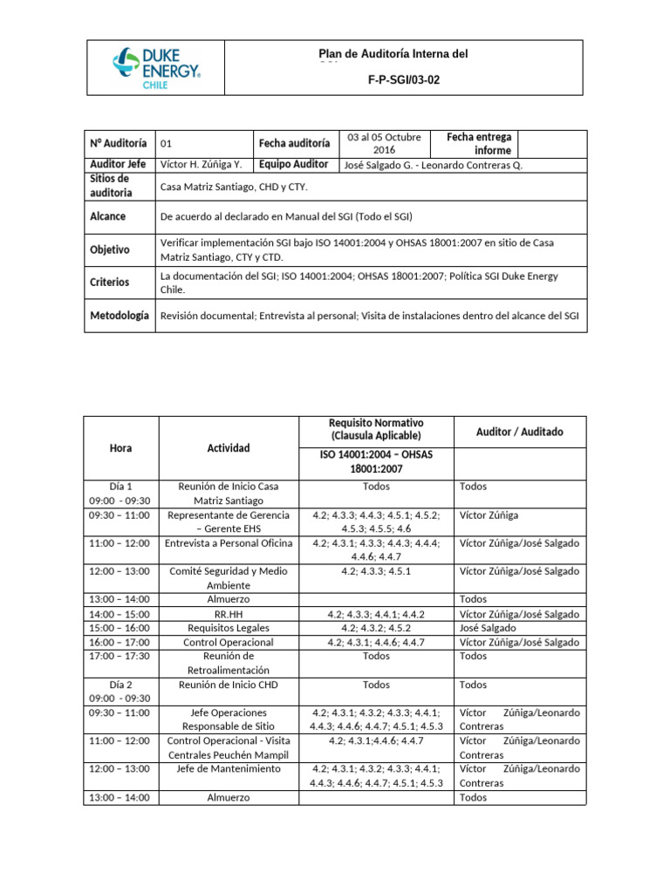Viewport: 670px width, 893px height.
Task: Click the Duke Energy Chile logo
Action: [x=156, y=67]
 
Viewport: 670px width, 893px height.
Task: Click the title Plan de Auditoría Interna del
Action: [x=393, y=54]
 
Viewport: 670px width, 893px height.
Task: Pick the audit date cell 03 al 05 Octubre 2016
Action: [x=384, y=144]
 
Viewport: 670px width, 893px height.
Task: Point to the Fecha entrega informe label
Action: [x=479, y=144]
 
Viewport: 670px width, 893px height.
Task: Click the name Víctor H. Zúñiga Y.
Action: [x=202, y=165]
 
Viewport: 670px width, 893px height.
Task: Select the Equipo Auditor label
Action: [x=293, y=165]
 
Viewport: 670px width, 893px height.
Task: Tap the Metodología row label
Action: [x=120, y=316]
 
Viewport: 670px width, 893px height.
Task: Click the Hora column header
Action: [x=121, y=447]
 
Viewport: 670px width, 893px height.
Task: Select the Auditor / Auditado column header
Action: [x=520, y=432]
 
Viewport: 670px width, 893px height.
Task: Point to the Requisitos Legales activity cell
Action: [x=229, y=628]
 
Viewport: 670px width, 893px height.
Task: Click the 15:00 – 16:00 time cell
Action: [x=121, y=628]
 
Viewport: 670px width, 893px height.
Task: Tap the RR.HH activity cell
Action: [x=229, y=614]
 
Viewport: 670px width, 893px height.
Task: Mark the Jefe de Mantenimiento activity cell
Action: [x=229, y=769]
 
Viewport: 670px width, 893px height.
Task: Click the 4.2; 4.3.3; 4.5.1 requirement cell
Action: [x=376, y=571]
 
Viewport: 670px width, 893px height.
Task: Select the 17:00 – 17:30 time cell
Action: [x=121, y=656]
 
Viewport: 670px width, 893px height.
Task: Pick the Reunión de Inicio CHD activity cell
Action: [x=229, y=685]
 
